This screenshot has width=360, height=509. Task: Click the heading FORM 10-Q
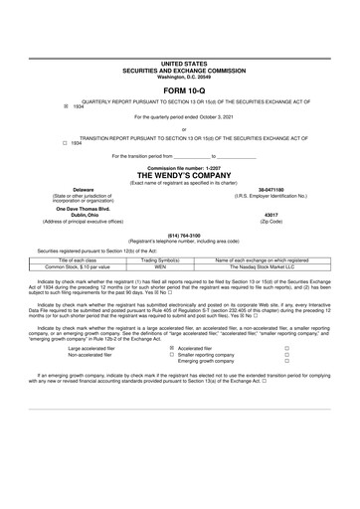tap(179, 87)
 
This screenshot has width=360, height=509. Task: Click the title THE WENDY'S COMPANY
tap(179, 173)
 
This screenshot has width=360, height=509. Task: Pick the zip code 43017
tap(271, 214)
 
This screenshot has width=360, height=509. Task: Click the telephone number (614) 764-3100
tap(179, 236)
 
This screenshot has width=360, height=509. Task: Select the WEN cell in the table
tap(161, 266)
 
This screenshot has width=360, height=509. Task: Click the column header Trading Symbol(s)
tap(161, 259)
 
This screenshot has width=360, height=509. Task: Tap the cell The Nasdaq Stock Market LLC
tap(264, 266)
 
